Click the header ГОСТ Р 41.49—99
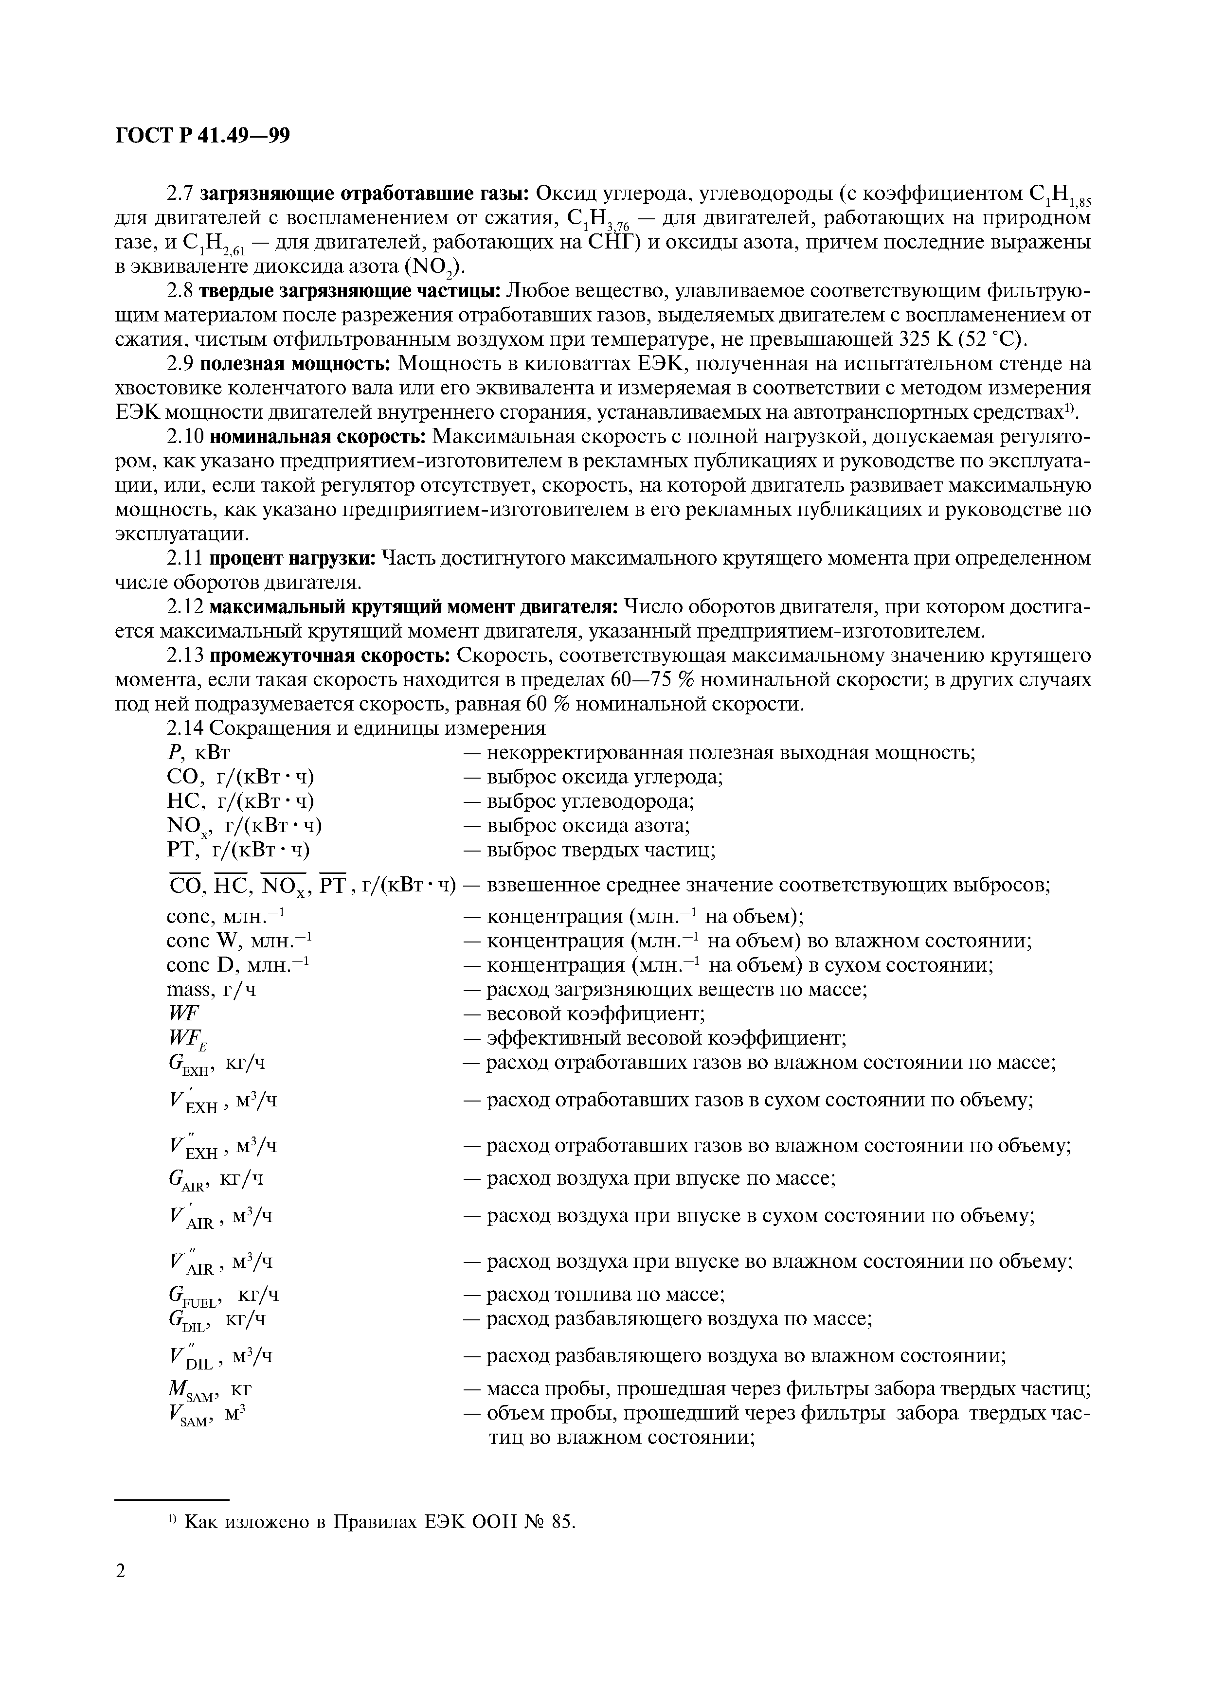pyautogui.click(x=202, y=136)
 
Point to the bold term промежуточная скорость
pyautogui.click(x=330, y=656)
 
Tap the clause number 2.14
pyautogui.click(x=182, y=728)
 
